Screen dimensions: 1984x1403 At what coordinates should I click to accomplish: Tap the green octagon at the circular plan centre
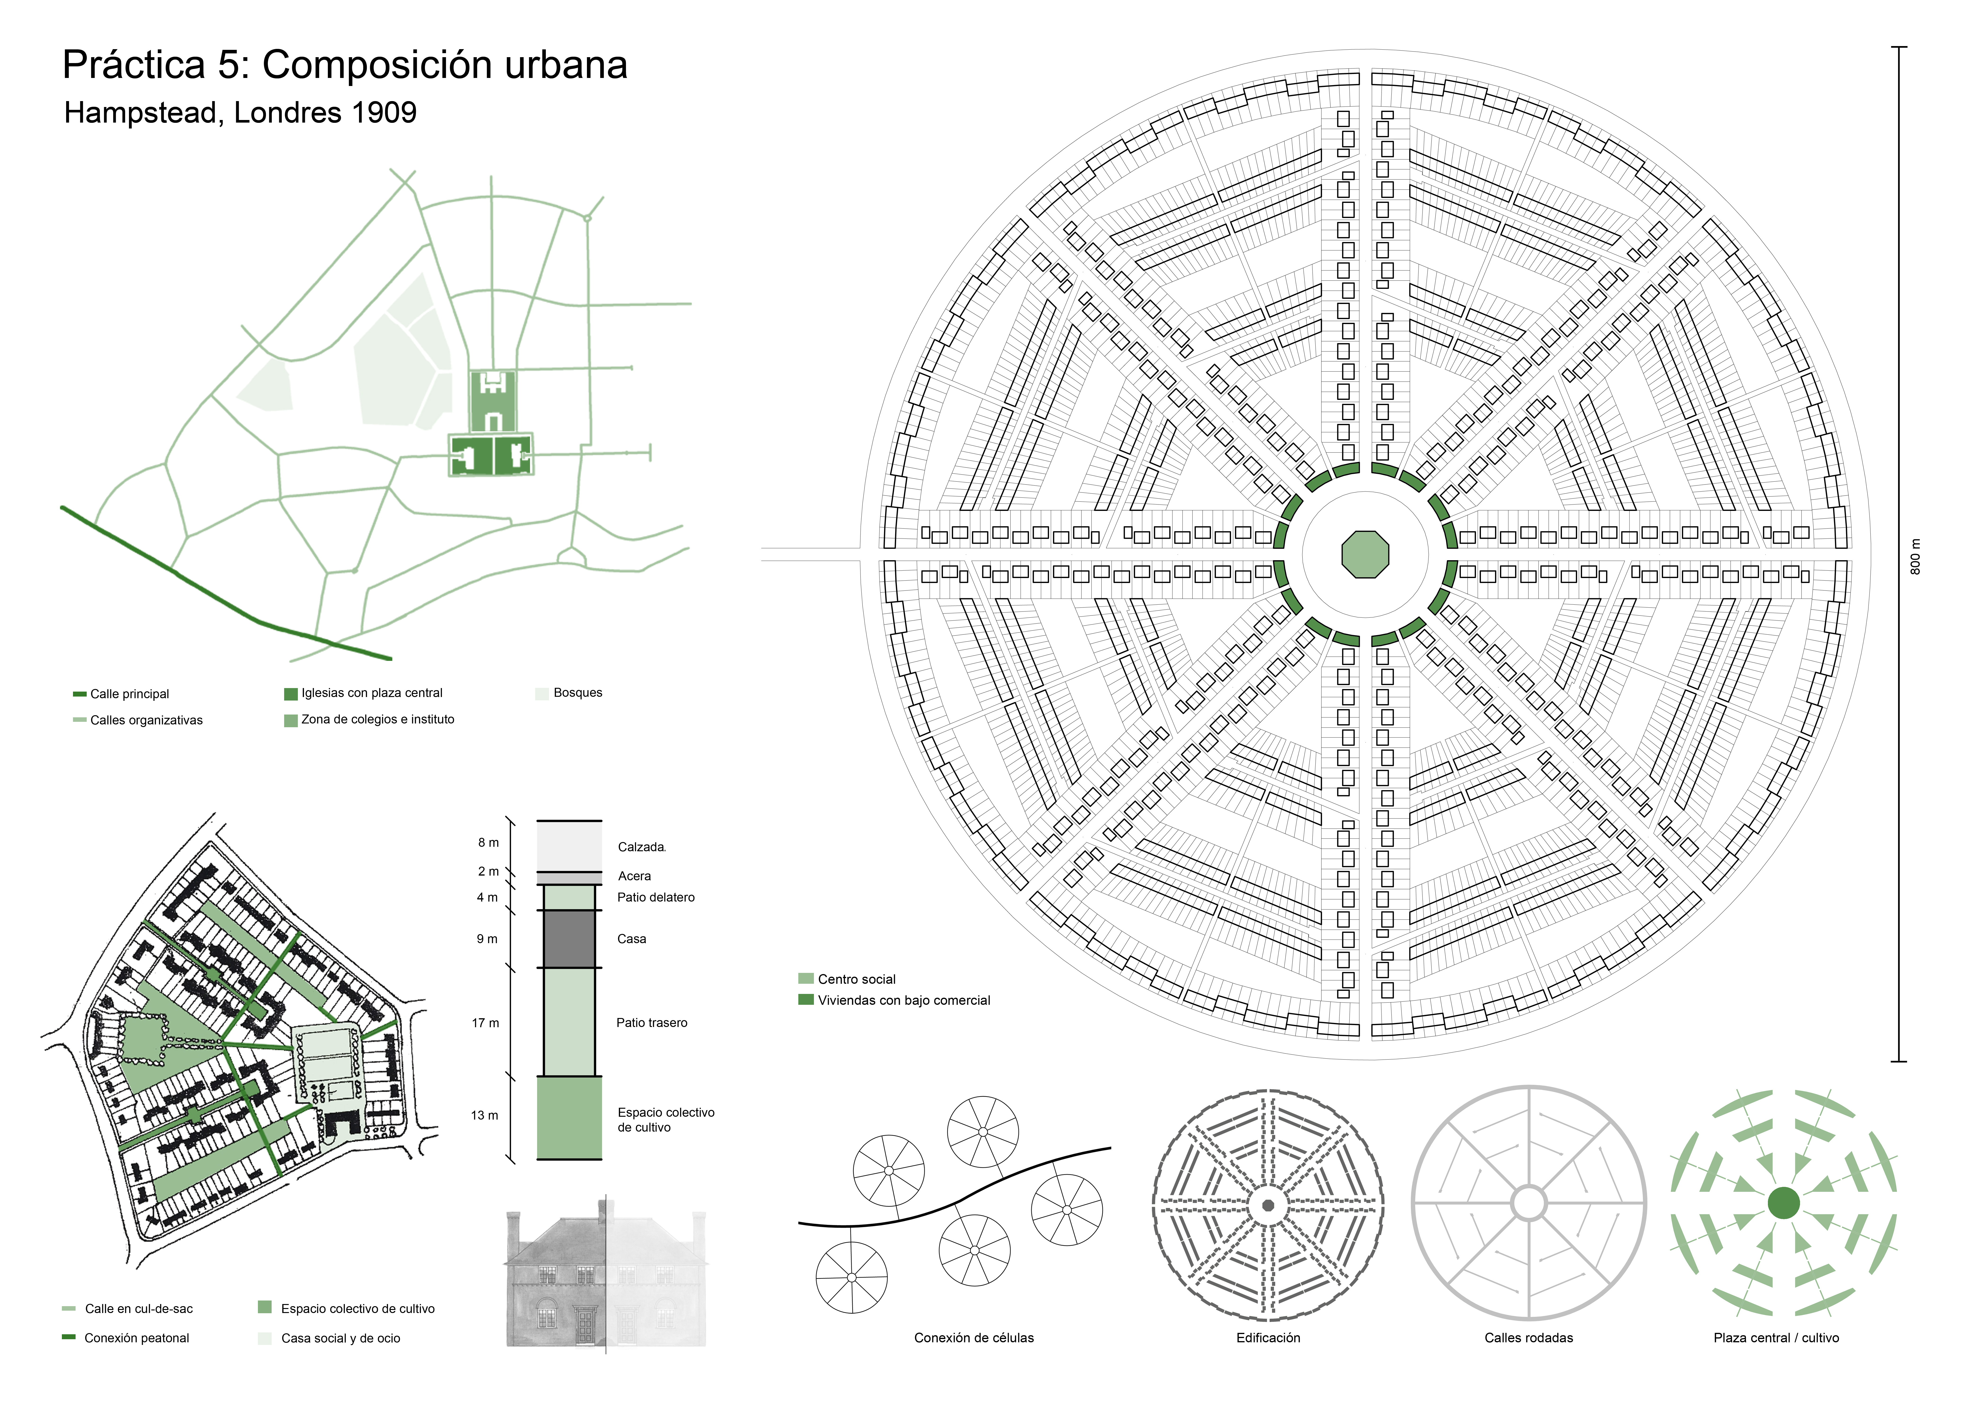point(1365,555)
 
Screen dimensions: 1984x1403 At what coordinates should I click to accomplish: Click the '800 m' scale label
point(1916,557)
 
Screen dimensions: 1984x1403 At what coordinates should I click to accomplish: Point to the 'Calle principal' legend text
point(130,694)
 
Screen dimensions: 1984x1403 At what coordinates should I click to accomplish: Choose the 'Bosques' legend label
point(578,693)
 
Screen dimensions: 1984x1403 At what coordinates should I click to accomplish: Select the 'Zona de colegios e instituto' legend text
point(378,720)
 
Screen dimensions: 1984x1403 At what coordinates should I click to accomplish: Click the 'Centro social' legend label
point(856,979)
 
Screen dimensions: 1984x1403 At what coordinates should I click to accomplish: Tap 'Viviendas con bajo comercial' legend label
point(904,1001)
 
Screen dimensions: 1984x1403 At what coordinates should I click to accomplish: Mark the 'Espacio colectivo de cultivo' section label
point(666,1120)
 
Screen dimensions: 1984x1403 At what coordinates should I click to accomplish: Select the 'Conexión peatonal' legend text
point(137,1338)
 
